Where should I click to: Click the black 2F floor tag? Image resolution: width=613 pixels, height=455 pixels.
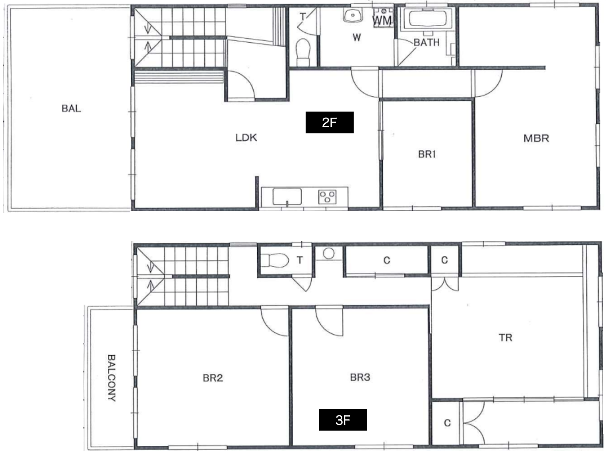coord(330,122)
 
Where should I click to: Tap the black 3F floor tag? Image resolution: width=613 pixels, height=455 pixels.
coord(343,420)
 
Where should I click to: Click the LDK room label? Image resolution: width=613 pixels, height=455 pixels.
coord(246,138)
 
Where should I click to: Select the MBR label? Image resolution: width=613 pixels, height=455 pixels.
coord(536,138)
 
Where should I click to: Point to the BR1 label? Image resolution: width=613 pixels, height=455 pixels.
coord(427,154)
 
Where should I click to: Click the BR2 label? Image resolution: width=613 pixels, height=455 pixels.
coord(213,378)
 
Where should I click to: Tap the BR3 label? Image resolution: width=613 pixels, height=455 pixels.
coord(360,377)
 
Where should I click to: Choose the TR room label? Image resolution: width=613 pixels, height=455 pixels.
coord(506,337)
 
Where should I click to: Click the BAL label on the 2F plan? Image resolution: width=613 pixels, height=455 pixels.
coord(71,109)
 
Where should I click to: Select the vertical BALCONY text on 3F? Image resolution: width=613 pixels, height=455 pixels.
coord(111,378)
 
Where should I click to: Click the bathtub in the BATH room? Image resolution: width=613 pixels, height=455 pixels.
coord(427,19)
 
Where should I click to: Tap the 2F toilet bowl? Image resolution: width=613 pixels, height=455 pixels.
coord(303,52)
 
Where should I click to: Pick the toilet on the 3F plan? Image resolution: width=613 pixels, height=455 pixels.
coord(275,260)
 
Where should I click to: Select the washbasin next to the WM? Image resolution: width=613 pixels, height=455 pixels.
coord(353,15)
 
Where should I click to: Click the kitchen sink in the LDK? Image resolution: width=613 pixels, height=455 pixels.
coord(287,197)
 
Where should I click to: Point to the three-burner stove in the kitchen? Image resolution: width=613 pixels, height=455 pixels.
coord(327,197)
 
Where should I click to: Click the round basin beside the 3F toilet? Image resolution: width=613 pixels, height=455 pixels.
coord(329,253)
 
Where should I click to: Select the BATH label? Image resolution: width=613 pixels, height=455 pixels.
coord(427,42)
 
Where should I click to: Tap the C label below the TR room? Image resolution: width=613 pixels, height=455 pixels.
coord(447,423)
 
